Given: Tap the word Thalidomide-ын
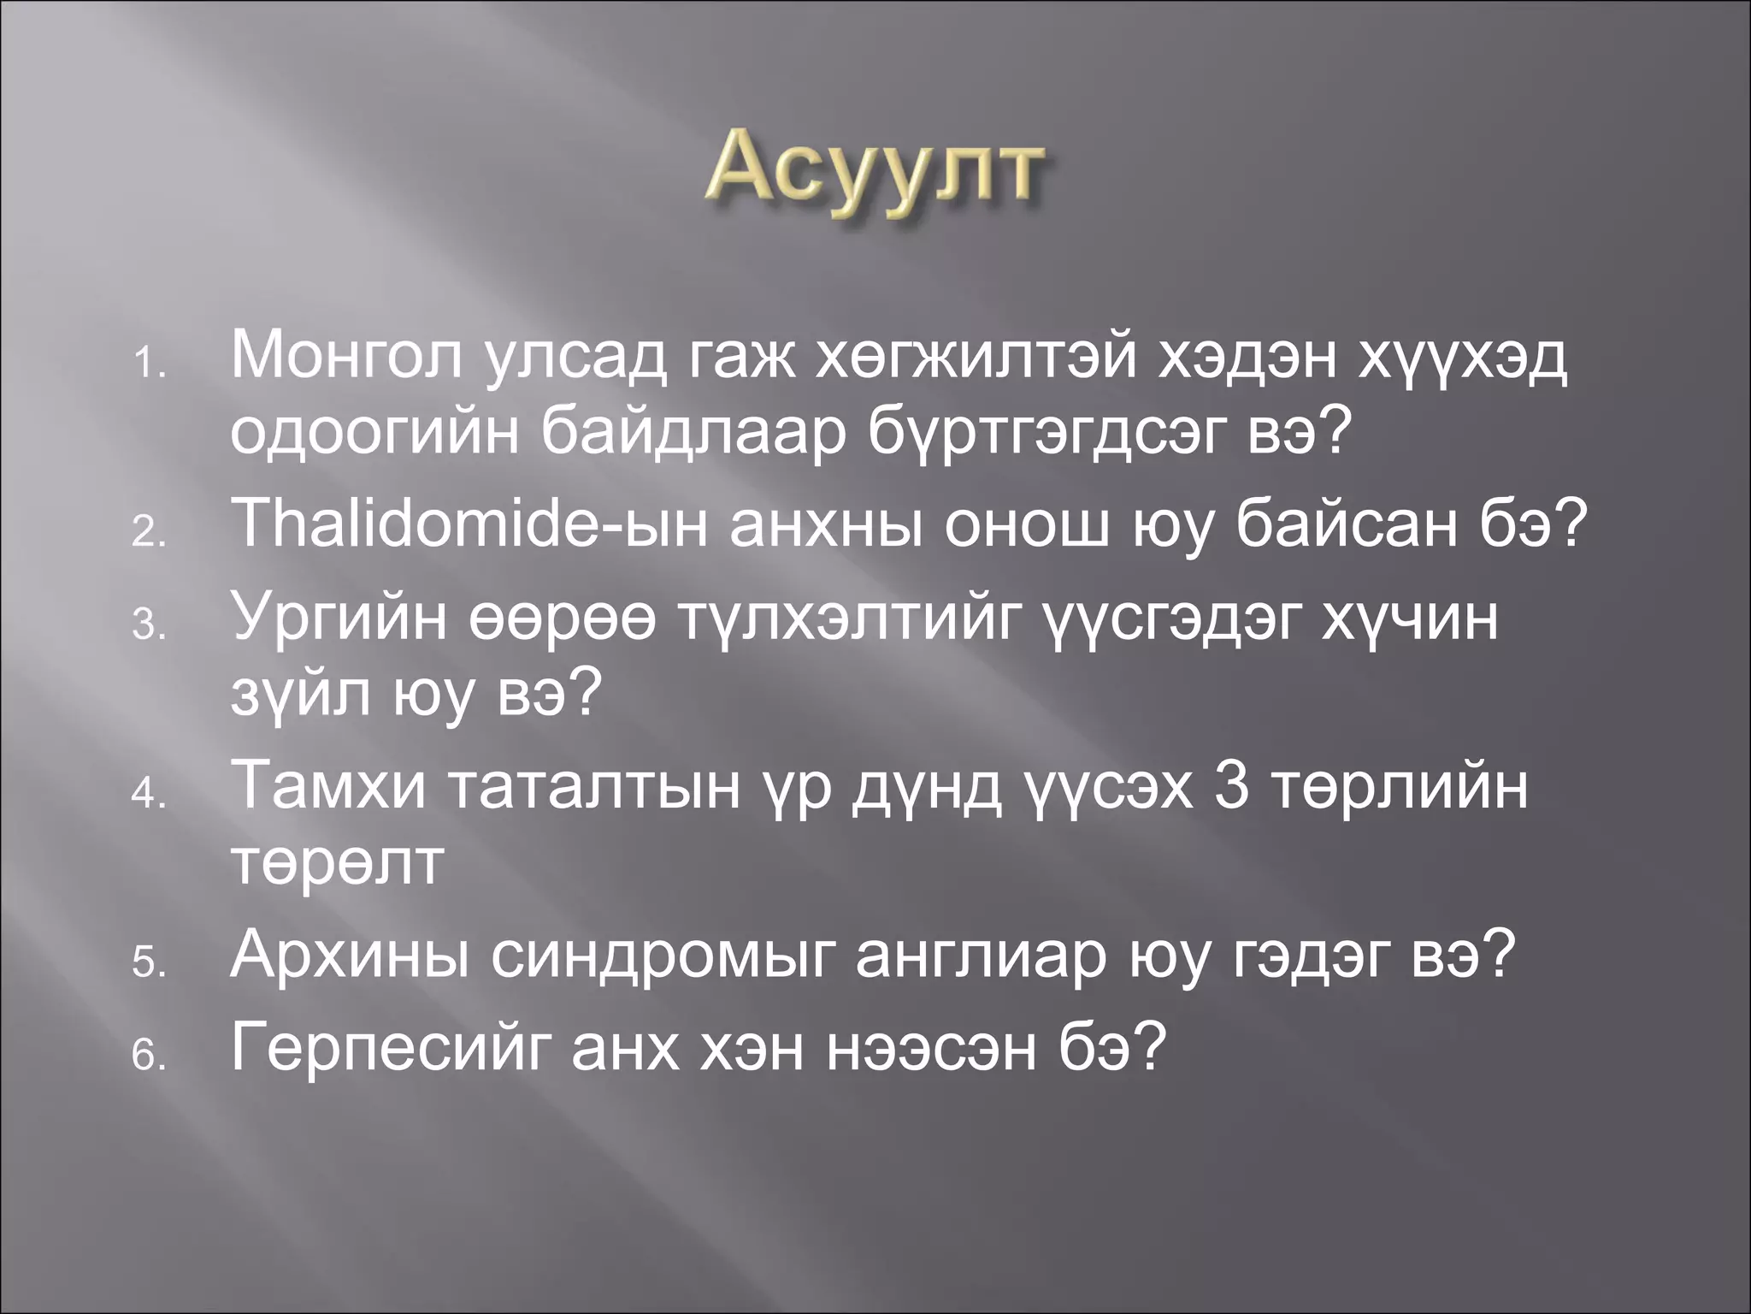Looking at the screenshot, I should [x=469, y=524].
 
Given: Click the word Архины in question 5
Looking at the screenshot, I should [x=350, y=956].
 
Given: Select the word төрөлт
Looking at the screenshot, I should [x=338, y=862].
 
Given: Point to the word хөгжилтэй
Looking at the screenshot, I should [x=974, y=357].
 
